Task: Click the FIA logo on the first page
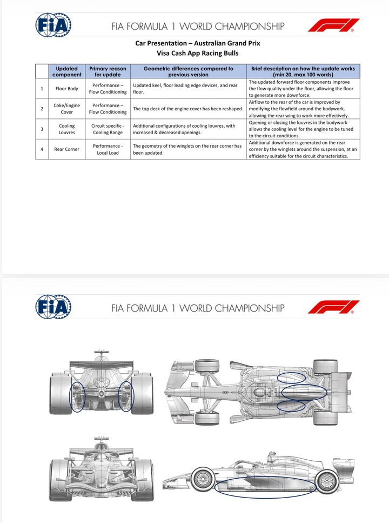click(x=53, y=25)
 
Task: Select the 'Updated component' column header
click(x=66, y=71)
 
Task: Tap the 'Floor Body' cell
click(x=67, y=89)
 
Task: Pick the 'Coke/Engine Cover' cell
click(x=67, y=109)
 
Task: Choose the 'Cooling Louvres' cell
click(x=67, y=129)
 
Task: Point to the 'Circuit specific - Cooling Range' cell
click(x=108, y=129)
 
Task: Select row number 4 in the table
click(x=42, y=149)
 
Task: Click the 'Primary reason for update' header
click(x=108, y=71)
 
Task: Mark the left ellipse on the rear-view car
click(x=78, y=397)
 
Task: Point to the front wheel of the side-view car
click(x=202, y=479)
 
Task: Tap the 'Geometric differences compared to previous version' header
click(x=189, y=71)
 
